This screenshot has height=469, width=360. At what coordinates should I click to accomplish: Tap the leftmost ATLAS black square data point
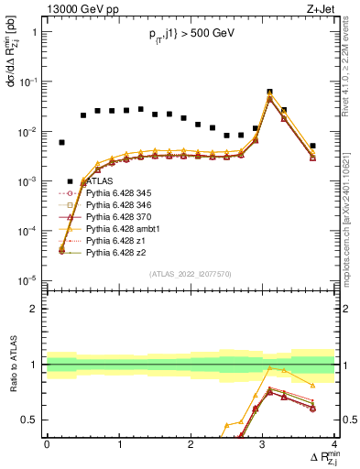click(x=61, y=142)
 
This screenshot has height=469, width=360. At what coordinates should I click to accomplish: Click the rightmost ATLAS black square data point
click(x=312, y=146)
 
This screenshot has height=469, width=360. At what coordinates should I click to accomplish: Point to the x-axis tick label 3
click(x=263, y=444)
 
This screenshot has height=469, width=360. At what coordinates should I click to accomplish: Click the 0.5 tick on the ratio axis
click(x=35, y=420)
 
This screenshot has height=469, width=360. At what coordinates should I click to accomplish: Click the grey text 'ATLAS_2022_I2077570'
click(x=191, y=274)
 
